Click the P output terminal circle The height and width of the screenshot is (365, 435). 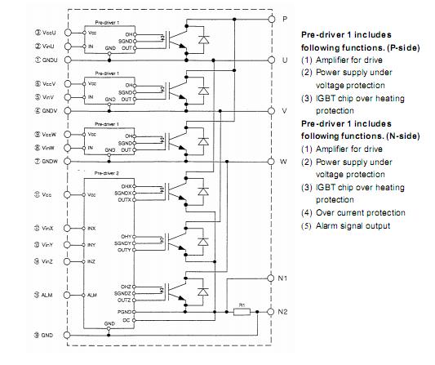pyautogui.click(x=273, y=18)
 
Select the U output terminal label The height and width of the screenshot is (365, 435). pyautogui.click(x=283, y=60)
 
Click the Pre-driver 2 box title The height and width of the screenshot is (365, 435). pyautogui.click(x=108, y=175)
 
